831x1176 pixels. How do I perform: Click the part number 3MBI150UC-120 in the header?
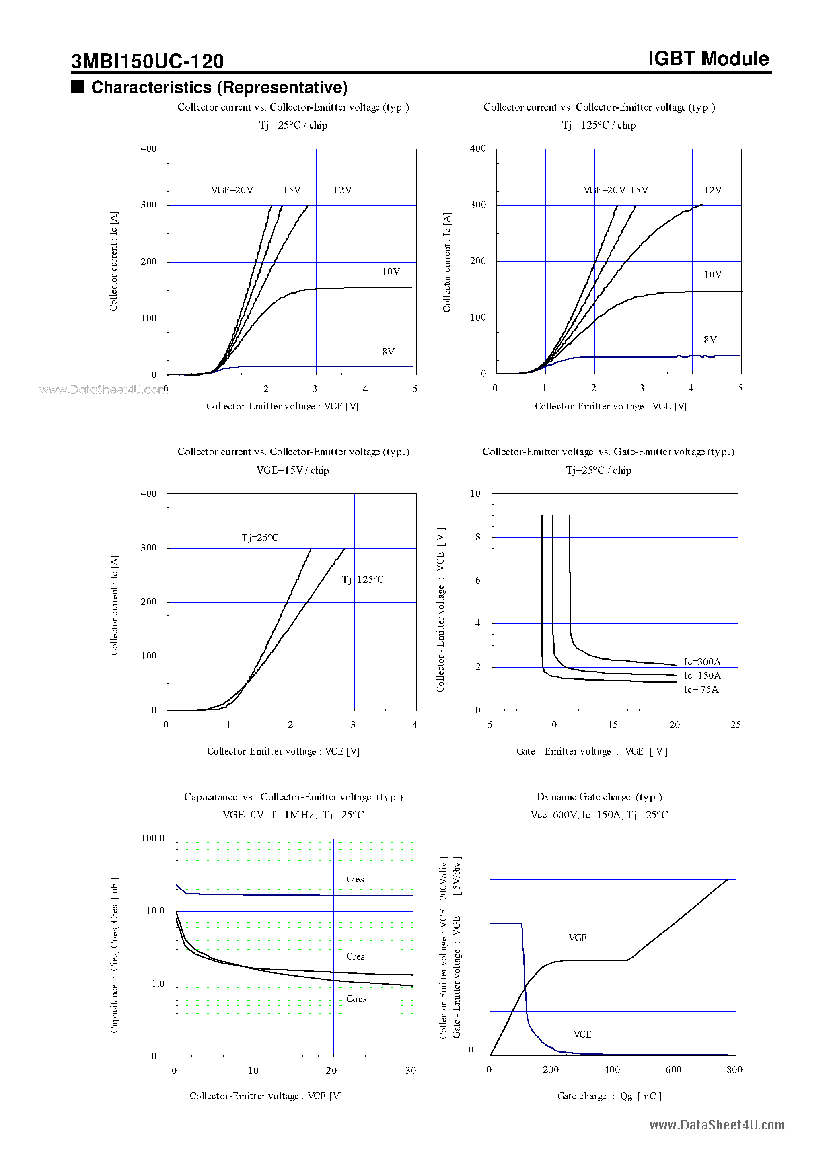coord(147,62)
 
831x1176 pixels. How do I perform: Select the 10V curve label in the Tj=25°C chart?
coord(391,272)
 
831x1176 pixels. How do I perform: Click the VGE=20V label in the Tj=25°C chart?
coord(232,190)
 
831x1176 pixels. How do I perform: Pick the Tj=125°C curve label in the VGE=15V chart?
coord(363,579)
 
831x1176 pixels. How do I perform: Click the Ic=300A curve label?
coord(702,662)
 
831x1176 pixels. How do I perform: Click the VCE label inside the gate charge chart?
coord(582,1034)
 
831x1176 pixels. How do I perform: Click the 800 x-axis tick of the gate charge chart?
coord(734,1069)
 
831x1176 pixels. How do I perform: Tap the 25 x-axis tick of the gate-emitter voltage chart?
coord(735,724)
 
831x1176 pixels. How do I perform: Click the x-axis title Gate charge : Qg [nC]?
coord(609,1096)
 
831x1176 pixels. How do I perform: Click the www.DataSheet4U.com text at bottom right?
coord(717,1125)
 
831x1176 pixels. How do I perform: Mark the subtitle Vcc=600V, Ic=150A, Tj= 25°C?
coord(599,814)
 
